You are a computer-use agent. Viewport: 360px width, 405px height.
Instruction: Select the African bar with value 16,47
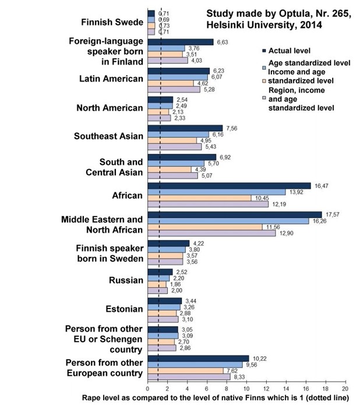click(x=229, y=186)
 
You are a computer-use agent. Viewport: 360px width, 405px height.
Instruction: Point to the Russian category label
click(x=126, y=280)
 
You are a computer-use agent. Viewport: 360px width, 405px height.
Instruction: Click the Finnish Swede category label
click(x=111, y=23)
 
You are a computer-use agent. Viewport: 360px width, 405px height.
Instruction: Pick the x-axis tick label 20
click(x=345, y=388)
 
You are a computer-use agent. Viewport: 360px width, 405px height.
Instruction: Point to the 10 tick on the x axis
click(x=246, y=388)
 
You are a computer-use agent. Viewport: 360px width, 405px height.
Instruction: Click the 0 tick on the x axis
click(x=148, y=388)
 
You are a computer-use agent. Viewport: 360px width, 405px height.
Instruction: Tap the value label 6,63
click(x=223, y=42)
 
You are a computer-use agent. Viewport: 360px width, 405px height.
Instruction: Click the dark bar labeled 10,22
click(x=198, y=358)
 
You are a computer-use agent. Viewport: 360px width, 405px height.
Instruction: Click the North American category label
click(x=110, y=108)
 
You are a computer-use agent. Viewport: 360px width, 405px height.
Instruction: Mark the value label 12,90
click(x=287, y=233)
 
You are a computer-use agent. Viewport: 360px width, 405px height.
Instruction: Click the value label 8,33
click(x=239, y=377)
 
